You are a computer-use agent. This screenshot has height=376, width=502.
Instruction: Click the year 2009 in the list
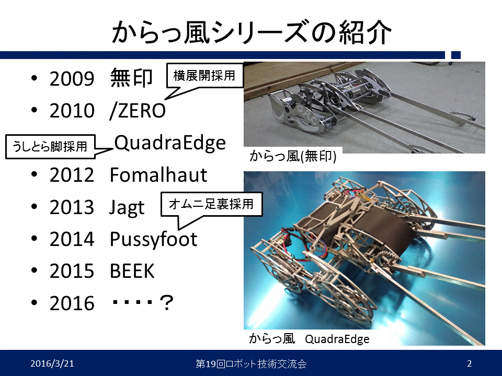pyautogui.click(x=72, y=79)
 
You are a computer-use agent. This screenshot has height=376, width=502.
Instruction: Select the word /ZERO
pyautogui.click(x=138, y=111)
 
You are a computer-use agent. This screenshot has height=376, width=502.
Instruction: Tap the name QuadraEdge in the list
pyautogui.click(x=170, y=143)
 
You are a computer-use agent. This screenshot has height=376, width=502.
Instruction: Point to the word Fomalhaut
pyautogui.click(x=158, y=175)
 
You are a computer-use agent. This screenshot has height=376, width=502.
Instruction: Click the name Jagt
pyautogui.click(x=127, y=208)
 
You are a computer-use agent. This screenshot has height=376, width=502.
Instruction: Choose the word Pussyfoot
pyautogui.click(x=153, y=240)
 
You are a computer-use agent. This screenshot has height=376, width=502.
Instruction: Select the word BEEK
pyautogui.click(x=132, y=271)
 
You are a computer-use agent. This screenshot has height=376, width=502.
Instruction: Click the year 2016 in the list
pyautogui.click(x=72, y=303)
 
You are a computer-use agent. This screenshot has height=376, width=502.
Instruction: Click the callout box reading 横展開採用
pyautogui.click(x=205, y=75)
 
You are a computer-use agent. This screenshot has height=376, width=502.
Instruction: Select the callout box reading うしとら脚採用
pyautogui.click(x=50, y=147)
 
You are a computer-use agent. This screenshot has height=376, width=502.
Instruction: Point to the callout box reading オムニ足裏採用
pyautogui.click(x=211, y=204)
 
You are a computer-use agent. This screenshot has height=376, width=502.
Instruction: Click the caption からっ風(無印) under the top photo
pyautogui.click(x=293, y=156)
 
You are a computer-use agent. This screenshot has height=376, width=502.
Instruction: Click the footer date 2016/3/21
pyautogui.click(x=52, y=363)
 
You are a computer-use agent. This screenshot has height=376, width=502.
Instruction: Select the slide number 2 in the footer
pyautogui.click(x=470, y=363)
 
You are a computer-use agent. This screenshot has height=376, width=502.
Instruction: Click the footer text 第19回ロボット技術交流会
pyautogui.click(x=251, y=364)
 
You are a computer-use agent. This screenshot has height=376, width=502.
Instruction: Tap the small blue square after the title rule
pyautogui.click(x=456, y=55)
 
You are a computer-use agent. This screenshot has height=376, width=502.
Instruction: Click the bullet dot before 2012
pyautogui.click(x=35, y=174)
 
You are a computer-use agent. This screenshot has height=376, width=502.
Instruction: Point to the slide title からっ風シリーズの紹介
pyautogui.click(x=252, y=32)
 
